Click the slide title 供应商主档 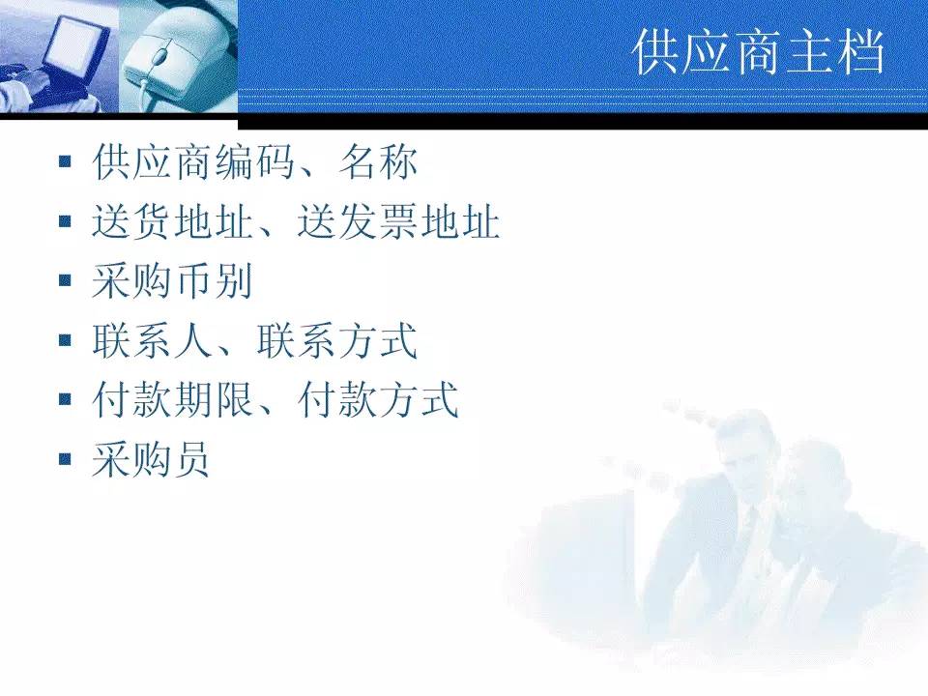point(760,52)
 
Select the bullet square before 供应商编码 point(65,161)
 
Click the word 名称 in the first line point(378,162)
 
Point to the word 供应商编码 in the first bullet point(193,162)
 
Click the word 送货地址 point(173,222)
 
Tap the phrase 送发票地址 point(398,222)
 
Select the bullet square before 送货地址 point(65,221)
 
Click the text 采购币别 point(173,281)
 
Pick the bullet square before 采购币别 point(65,280)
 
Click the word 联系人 point(153,340)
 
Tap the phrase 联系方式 point(337,340)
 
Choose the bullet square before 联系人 point(65,340)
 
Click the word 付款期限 point(173,399)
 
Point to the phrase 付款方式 point(378,399)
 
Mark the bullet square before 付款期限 point(65,399)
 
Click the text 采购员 point(151,459)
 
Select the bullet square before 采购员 point(65,458)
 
